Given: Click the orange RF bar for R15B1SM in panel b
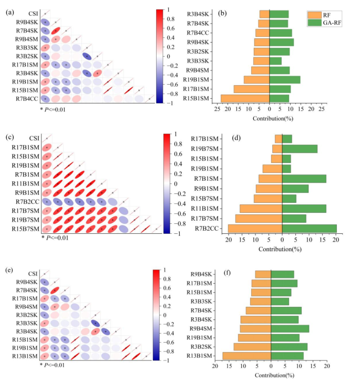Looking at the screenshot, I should point(245,98).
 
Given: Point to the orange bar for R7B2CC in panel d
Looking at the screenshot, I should point(255,228).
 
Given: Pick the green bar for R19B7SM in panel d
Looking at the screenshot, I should point(300,149).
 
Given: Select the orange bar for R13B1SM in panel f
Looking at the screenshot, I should point(246,356).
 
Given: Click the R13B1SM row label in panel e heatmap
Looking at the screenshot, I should point(25,356).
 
